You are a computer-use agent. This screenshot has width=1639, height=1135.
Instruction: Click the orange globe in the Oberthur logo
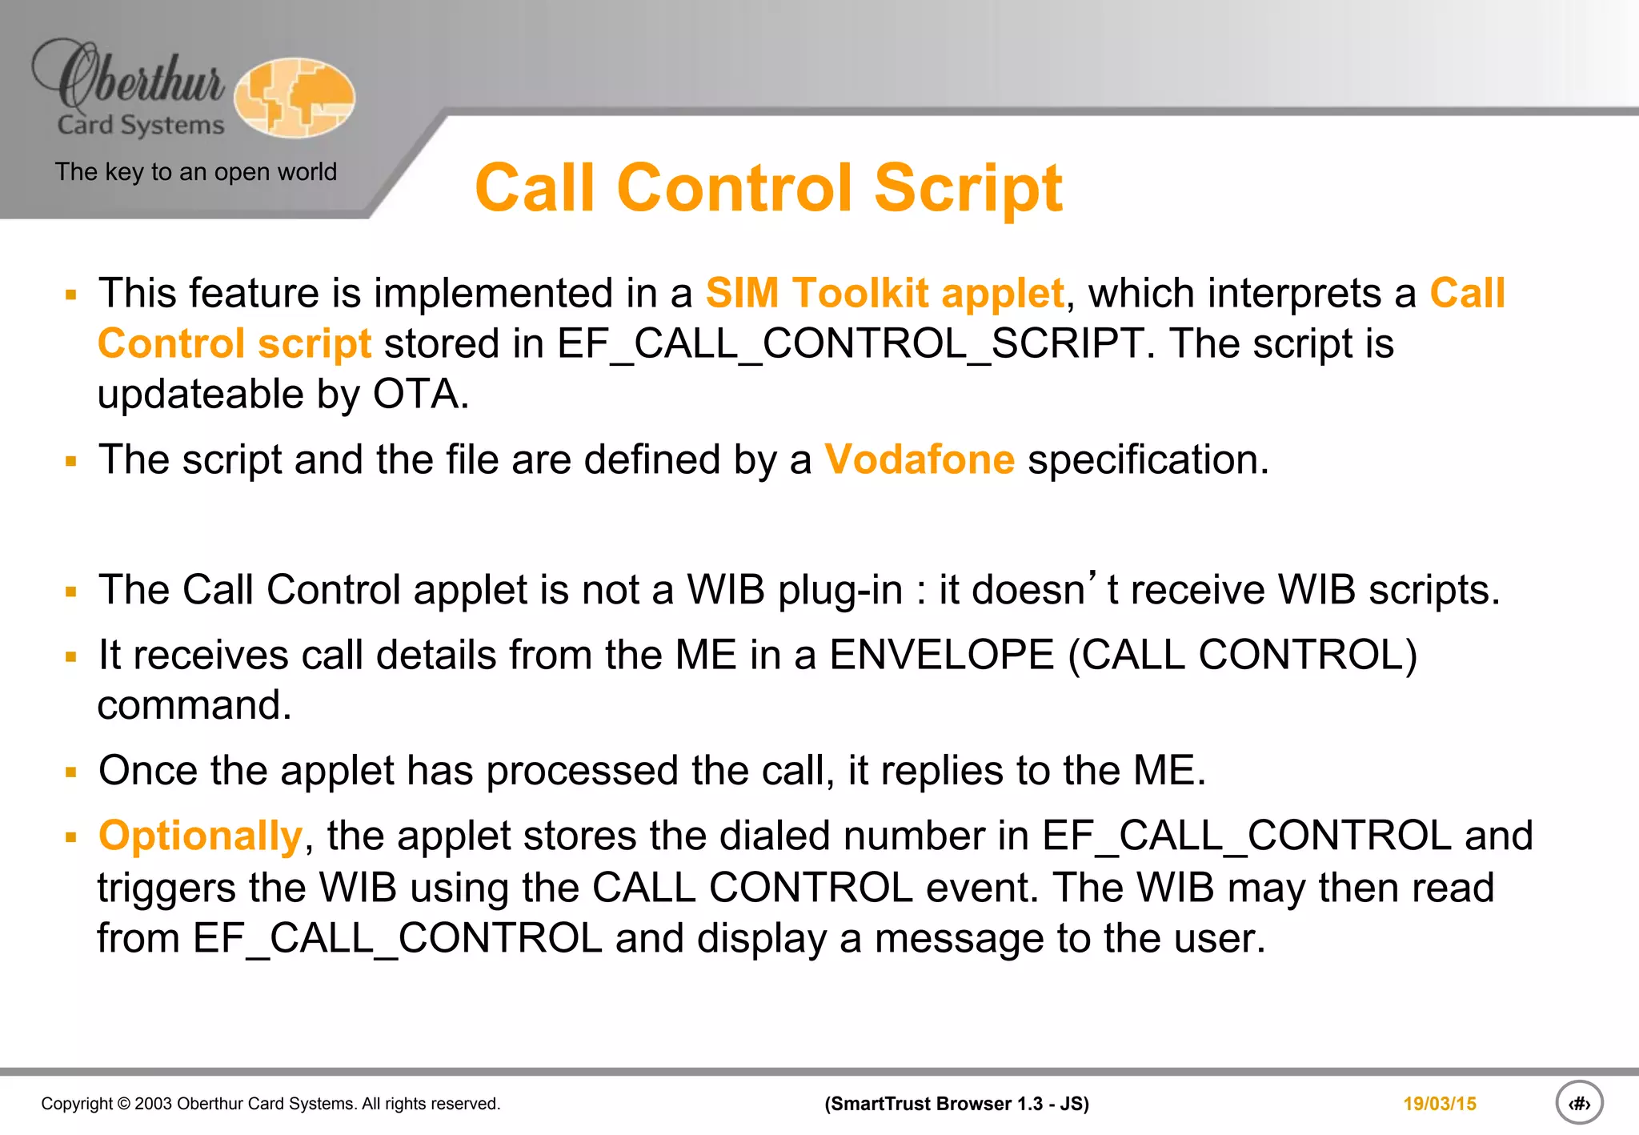[x=295, y=98]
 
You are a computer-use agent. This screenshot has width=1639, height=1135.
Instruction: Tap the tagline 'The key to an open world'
[x=196, y=172]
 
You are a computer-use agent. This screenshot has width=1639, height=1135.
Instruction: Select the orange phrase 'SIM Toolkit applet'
[x=884, y=293]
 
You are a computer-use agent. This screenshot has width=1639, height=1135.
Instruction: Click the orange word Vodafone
[x=920, y=460]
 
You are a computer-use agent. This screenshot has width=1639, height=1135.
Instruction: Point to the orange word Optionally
[x=200, y=836]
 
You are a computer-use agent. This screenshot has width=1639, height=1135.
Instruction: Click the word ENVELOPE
[x=942, y=655]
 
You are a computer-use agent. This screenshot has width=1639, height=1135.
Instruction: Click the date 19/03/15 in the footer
[x=1439, y=1104]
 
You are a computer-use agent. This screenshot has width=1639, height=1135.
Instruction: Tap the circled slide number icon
[x=1579, y=1103]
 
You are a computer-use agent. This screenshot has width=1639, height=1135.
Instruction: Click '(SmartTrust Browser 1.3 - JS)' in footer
[x=956, y=1104]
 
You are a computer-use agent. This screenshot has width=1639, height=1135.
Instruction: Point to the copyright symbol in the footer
[x=123, y=1104]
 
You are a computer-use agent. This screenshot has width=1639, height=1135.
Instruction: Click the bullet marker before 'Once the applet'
[x=71, y=772]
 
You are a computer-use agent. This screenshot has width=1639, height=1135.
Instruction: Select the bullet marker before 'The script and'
[x=71, y=462]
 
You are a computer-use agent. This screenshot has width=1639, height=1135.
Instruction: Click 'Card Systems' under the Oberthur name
[x=141, y=126]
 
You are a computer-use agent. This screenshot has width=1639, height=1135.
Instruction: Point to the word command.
[x=194, y=706]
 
